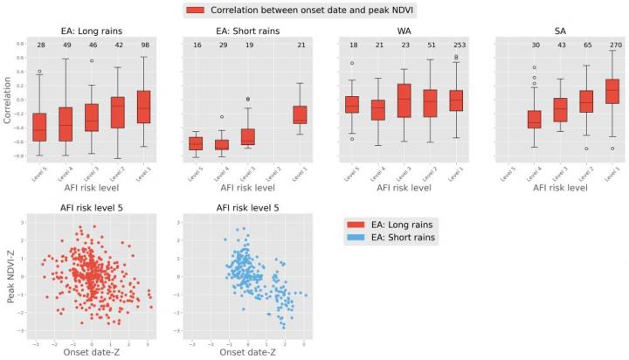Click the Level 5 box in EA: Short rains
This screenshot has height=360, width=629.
coord(196,143)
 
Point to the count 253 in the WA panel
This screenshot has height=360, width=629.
coord(455,44)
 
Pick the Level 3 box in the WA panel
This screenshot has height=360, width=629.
coord(404,100)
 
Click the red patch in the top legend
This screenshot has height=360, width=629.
coord(201,10)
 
